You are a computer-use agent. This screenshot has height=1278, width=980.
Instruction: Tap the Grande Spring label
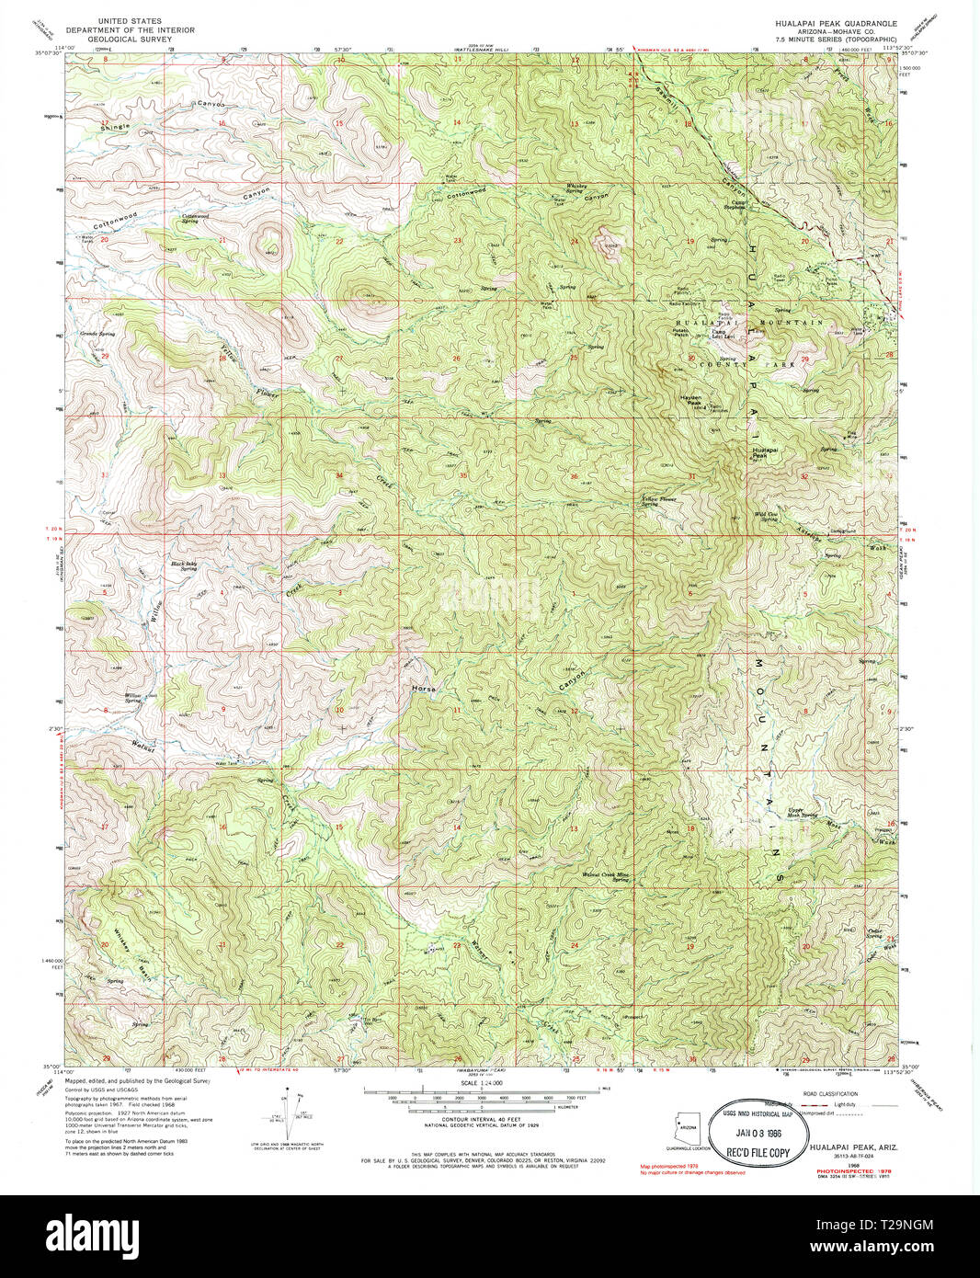tap(97, 334)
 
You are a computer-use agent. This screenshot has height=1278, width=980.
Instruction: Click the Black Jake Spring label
tap(184, 565)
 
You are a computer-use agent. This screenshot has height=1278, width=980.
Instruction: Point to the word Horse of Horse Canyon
tap(424, 688)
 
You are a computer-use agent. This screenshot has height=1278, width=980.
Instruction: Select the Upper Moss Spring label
tap(802, 812)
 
